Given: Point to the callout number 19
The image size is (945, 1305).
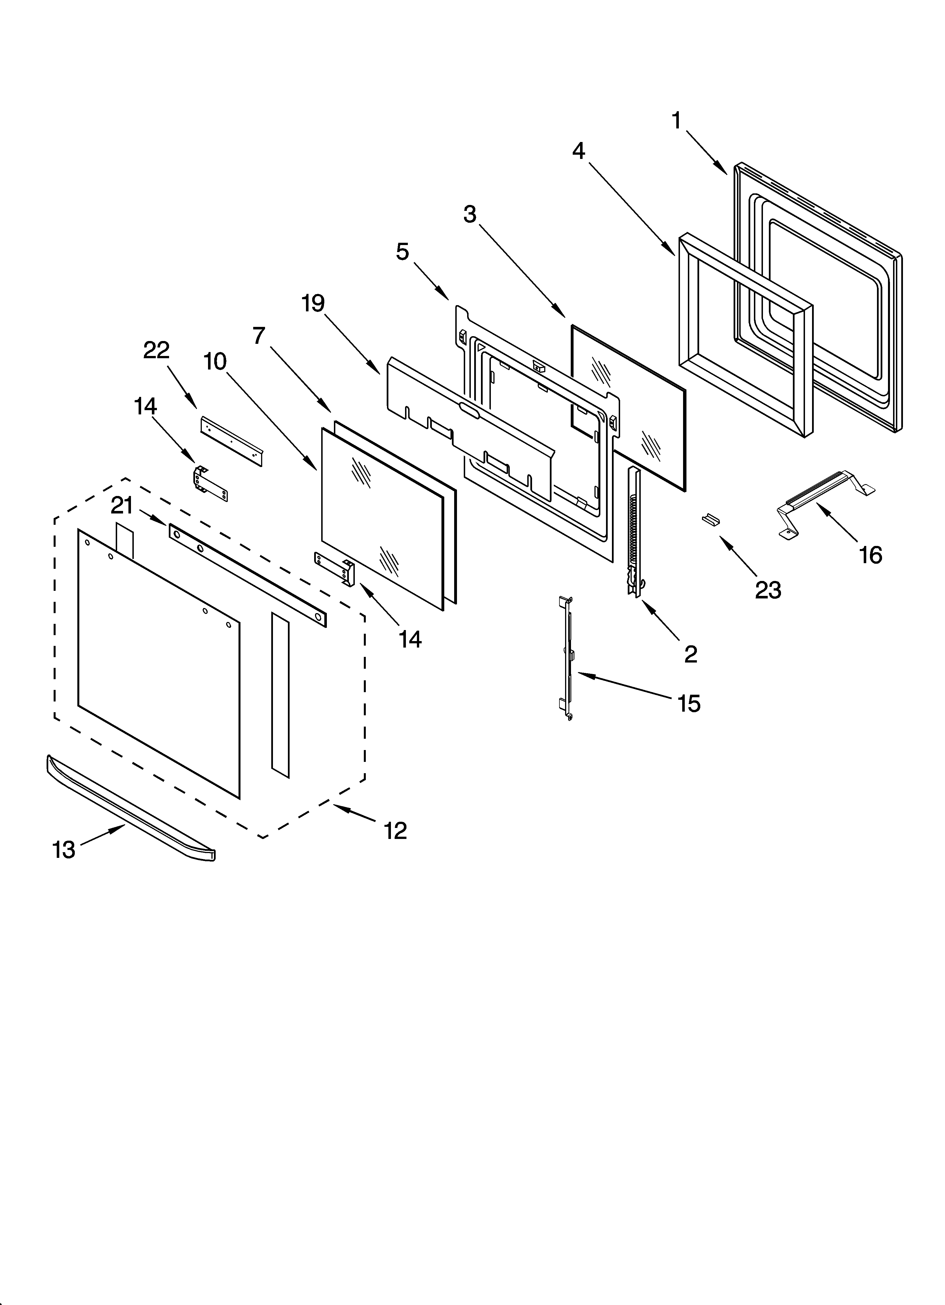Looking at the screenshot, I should tap(313, 303).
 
